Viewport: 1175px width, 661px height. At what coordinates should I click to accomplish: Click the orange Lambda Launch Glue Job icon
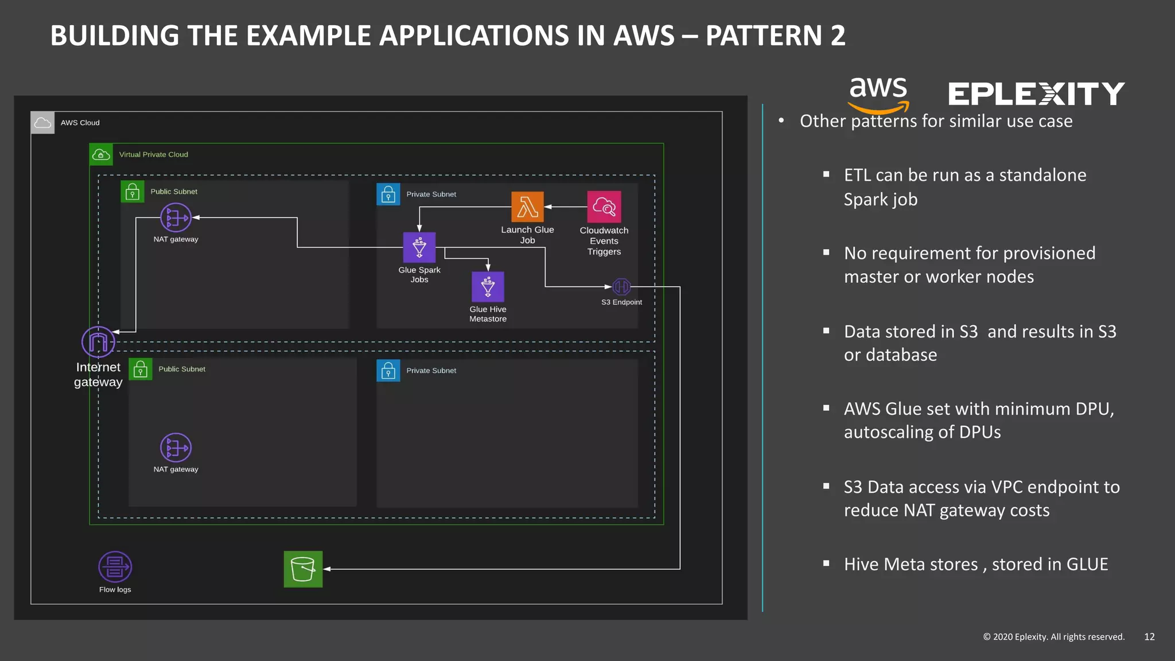(527, 207)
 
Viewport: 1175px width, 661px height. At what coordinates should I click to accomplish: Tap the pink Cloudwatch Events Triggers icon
(604, 207)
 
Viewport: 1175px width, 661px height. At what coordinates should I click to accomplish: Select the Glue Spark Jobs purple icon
(419, 247)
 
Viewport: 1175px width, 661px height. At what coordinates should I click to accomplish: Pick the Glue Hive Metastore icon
(488, 286)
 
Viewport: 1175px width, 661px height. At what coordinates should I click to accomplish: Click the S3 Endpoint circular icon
(621, 286)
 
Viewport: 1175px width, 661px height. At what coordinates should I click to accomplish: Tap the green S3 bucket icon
(303, 569)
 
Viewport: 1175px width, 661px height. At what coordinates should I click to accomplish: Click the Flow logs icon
(115, 567)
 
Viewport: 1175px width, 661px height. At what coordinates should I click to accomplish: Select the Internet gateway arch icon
(98, 342)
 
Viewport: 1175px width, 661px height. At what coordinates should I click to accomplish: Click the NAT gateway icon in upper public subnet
(176, 217)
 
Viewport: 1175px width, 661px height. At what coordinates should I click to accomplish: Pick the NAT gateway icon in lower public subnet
(176, 448)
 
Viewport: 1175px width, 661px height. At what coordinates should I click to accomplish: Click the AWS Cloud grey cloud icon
(42, 123)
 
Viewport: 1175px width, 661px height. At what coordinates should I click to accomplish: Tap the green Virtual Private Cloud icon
(101, 154)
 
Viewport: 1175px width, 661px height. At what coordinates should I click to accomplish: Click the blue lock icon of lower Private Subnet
(388, 371)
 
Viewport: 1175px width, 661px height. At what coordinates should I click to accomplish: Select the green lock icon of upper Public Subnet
(133, 191)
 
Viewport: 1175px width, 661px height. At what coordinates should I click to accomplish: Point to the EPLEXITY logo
(1036, 94)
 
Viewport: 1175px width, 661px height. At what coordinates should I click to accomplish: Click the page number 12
(1149, 636)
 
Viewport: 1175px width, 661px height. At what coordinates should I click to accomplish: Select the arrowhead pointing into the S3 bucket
(327, 569)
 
